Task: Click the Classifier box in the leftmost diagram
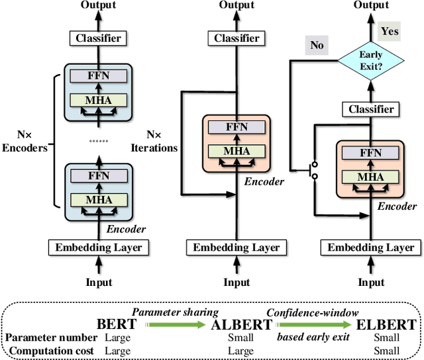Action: pos(98,38)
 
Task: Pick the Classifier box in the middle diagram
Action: pos(236,38)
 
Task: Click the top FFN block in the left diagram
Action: pos(98,75)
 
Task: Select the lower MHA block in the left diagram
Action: pos(98,199)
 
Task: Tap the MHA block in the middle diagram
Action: pos(237,151)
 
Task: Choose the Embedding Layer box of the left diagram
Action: pos(98,247)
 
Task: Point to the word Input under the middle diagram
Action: pos(236,283)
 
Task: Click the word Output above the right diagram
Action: pos(371,5)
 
